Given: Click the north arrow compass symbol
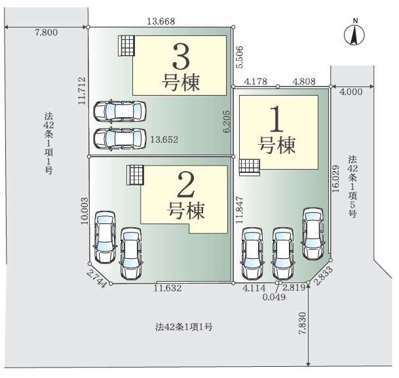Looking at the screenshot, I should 354,35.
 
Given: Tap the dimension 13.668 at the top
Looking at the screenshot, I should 161,22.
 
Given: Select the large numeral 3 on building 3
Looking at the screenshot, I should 181,57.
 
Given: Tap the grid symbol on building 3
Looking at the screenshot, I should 126,46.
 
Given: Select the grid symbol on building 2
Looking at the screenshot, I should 134,175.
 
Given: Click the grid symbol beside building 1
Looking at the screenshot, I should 248,167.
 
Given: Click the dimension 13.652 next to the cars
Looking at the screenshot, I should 164,140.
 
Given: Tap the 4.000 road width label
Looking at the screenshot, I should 351,92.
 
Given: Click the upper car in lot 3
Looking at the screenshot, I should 120,112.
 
